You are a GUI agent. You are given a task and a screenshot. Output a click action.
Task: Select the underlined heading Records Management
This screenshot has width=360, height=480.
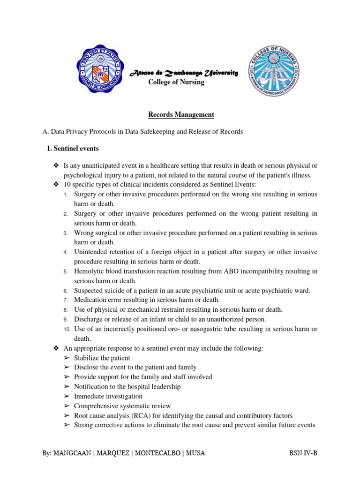175,114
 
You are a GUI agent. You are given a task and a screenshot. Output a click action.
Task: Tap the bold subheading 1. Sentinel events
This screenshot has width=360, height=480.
73,149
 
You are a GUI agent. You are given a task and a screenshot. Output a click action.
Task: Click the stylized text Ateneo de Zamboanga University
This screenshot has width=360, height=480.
184,73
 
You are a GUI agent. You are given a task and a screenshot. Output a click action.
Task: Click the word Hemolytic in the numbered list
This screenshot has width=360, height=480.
89,271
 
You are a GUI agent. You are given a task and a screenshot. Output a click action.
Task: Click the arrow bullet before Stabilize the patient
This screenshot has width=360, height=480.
66,358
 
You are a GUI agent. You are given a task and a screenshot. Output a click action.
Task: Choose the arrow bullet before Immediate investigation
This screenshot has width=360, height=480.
66,396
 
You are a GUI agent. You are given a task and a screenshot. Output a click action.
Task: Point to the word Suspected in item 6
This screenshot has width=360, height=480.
89,291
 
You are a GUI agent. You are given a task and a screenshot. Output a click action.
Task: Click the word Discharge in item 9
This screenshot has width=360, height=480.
88,319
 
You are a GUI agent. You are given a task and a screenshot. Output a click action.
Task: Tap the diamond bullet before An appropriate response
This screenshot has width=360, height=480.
55,348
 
